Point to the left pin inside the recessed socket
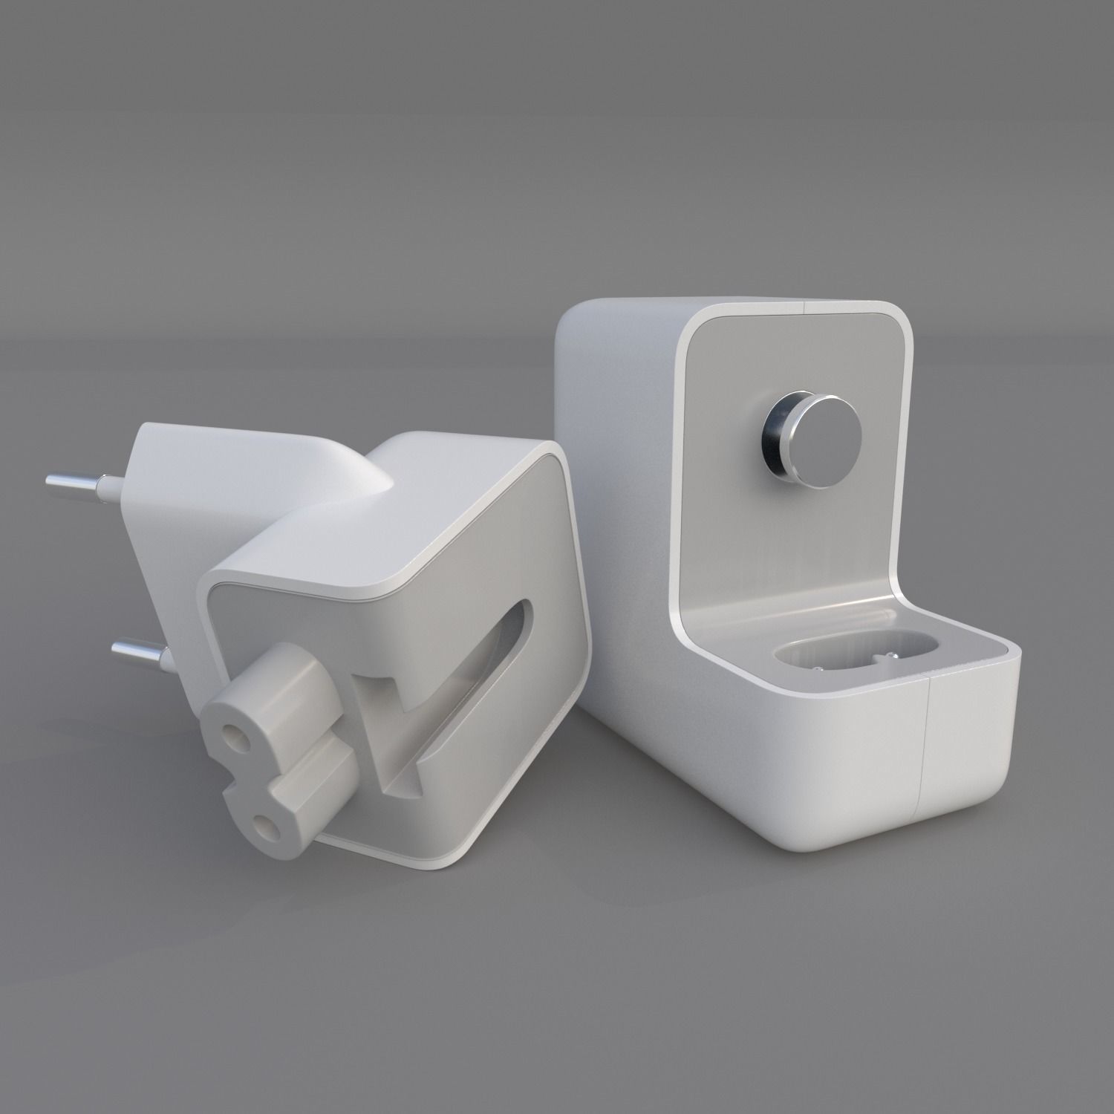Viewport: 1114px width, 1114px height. pyautogui.click(x=817, y=668)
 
